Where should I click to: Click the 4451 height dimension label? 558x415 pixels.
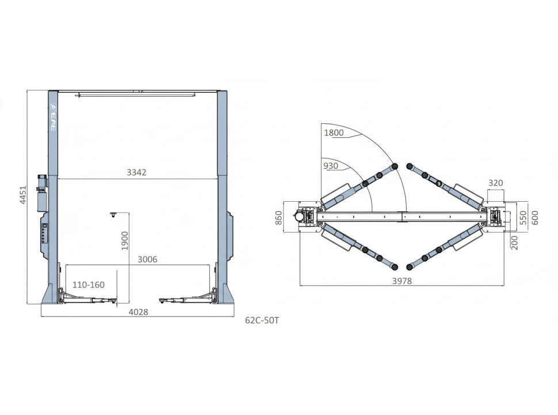click(x=23, y=195)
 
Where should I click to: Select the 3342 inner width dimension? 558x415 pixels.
click(x=137, y=172)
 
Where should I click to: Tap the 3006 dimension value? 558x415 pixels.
click(x=147, y=259)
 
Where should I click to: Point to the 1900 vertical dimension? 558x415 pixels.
click(x=125, y=241)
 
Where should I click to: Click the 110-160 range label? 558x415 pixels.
click(x=89, y=285)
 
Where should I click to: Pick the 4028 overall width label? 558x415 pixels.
click(x=138, y=312)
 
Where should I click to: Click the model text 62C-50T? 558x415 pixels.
click(x=262, y=320)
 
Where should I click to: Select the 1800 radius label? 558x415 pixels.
click(x=334, y=133)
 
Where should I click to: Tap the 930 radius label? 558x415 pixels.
click(x=331, y=166)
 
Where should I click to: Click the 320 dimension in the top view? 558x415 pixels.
click(x=495, y=183)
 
